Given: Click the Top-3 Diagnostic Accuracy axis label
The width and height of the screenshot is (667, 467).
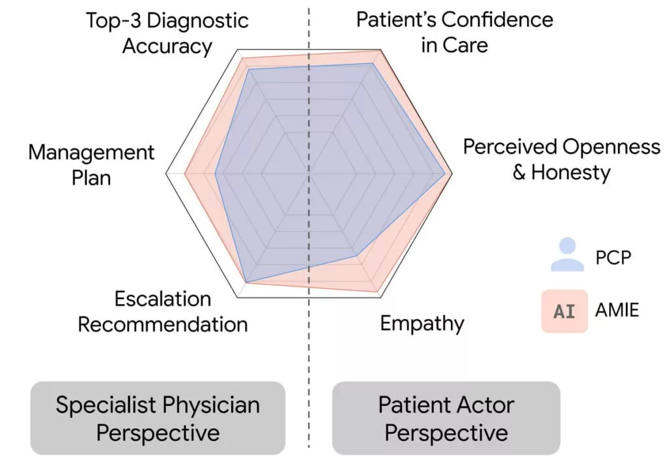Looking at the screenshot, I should (167, 33).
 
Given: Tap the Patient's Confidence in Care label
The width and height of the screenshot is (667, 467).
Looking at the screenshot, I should (455, 32).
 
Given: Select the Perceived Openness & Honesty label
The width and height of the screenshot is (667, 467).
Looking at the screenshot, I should (561, 160).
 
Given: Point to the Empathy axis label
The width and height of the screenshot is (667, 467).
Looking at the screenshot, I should (422, 323).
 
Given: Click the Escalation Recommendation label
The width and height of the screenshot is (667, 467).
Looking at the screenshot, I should (163, 311).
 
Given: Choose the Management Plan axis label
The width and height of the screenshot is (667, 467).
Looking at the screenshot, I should (91, 165).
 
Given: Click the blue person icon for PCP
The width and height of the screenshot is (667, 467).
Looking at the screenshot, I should (567, 255).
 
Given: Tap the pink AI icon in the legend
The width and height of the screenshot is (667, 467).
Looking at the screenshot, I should (564, 311).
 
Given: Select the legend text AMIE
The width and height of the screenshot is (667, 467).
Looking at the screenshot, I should (617, 310).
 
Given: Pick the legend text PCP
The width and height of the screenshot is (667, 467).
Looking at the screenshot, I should (613, 257).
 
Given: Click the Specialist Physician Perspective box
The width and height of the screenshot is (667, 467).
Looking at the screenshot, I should (158, 418).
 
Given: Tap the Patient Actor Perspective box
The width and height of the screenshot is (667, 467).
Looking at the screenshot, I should (446, 418).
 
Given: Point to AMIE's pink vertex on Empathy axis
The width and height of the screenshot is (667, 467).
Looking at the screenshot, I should (380, 291).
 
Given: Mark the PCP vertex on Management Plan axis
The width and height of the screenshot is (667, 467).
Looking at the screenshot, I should (216, 173).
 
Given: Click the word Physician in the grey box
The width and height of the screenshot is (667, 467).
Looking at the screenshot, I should (212, 405).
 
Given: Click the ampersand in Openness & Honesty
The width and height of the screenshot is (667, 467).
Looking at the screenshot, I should (519, 173).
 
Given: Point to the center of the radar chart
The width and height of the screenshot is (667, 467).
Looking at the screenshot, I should (309, 173).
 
